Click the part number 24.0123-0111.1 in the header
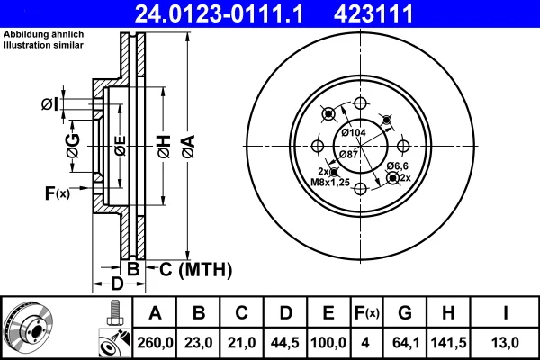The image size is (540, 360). pos(219,13)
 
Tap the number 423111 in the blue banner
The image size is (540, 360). pos(373,13)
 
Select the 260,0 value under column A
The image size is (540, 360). pos(155,343)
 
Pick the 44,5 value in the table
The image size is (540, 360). pos(285,343)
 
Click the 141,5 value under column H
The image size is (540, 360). pos(448,343)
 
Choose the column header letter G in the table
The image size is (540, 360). pos(405,313)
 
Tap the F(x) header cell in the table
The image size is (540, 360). pos(367,313)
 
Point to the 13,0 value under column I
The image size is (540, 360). pos(505,343)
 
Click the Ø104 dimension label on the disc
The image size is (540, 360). pos(354,132)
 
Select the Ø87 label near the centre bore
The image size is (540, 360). pos(349,154)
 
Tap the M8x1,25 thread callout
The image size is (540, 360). pos(330,182)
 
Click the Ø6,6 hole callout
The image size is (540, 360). pos(398,166)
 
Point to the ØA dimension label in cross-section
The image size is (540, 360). pos(189,147)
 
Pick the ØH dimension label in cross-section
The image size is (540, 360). pos(165,147)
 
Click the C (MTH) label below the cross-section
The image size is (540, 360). pos(195,269)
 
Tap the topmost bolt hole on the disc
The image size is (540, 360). pos(360,103)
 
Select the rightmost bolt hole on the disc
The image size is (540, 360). pos(403,146)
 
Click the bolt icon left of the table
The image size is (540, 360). pos(115,313)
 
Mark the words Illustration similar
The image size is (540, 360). pos(43,45)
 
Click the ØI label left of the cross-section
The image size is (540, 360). pos(49,104)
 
